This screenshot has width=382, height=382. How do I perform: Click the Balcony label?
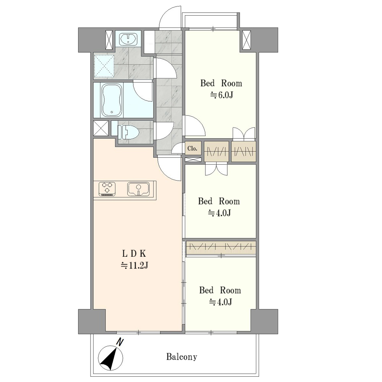click(x=181, y=357)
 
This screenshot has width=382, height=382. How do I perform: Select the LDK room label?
click(x=134, y=254)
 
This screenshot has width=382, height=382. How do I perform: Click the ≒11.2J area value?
click(x=134, y=265)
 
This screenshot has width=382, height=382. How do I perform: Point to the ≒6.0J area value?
click(x=222, y=95)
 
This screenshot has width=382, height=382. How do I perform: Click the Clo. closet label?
click(x=192, y=148)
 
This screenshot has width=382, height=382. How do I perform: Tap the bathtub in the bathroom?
click(x=112, y=100)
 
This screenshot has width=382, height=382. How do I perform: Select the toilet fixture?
click(x=128, y=132)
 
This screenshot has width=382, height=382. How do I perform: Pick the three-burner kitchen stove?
click(x=107, y=189)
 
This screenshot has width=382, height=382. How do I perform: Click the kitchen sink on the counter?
click(x=138, y=189)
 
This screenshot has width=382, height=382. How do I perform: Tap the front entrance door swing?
click(x=170, y=18)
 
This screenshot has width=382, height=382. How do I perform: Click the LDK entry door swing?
click(x=169, y=168)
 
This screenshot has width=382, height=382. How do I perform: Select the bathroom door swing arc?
click(x=143, y=91)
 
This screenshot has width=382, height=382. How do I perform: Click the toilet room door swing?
click(x=164, y=131)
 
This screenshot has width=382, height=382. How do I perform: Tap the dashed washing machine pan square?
click(x=104, y=66)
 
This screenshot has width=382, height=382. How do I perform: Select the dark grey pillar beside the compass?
click(x=92, y=322)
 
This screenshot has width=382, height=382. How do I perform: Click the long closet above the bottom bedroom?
click(x=221, y=248)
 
